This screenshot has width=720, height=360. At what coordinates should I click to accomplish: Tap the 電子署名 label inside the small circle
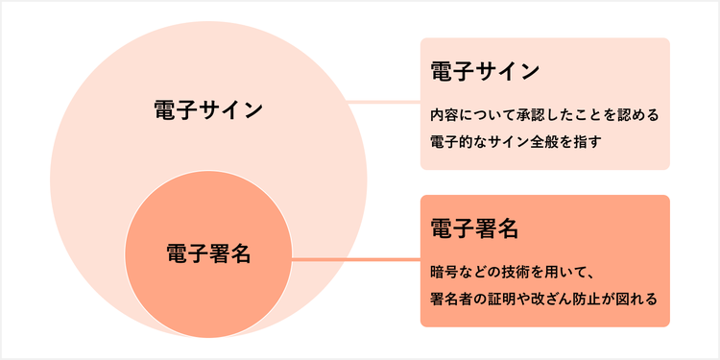[x=208, y=254]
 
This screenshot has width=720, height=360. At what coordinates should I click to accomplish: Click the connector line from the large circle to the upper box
[x=384, y=101]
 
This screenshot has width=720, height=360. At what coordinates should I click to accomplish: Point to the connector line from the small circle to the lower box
[x=355, y=259]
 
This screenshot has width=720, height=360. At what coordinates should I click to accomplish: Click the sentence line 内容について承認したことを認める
[x=543, y=114]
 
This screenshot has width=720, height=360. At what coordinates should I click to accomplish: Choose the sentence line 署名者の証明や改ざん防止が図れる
[x=543, y=299]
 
